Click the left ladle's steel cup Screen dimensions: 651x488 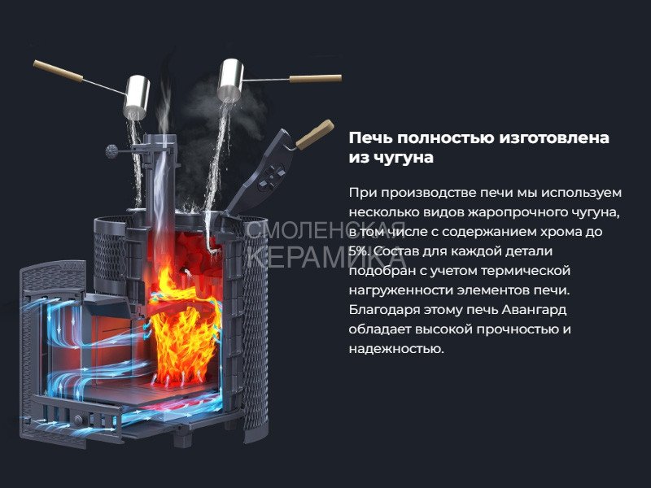[137, 96]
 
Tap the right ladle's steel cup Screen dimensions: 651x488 [230, 80]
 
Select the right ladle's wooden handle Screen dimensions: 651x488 [316, 78]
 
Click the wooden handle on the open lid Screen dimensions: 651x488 [315, 134]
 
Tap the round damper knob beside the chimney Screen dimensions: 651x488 [111, 151]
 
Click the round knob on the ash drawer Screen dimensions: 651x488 [78, 420]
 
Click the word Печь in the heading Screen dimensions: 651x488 [370, 137]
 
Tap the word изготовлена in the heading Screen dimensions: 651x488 [554, 137]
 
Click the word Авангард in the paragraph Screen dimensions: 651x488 [534, 310]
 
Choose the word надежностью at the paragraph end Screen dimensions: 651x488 [396, 349]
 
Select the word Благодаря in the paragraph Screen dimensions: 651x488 [384, 310]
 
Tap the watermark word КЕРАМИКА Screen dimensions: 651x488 [326, 257]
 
